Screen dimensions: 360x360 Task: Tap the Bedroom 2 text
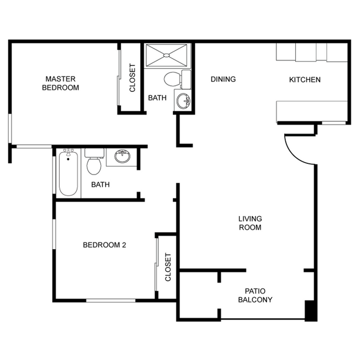(105, 245)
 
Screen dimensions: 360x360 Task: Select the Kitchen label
(305, 80)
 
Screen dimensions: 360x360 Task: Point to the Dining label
(223, 79)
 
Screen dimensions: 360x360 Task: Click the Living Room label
(250, 223)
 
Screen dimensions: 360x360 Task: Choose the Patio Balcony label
(255, 296)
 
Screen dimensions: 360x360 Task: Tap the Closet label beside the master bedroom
(132, 78)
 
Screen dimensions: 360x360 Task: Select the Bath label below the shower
(157, 98)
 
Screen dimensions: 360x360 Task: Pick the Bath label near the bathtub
(100, 184)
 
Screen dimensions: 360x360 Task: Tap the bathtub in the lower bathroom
(68, 173)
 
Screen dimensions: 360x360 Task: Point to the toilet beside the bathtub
(93, 161)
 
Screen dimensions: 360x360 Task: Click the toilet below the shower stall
(173, 79)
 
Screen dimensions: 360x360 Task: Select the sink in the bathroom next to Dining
(183, 101)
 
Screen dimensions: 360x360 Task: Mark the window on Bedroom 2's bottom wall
(111, 301)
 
